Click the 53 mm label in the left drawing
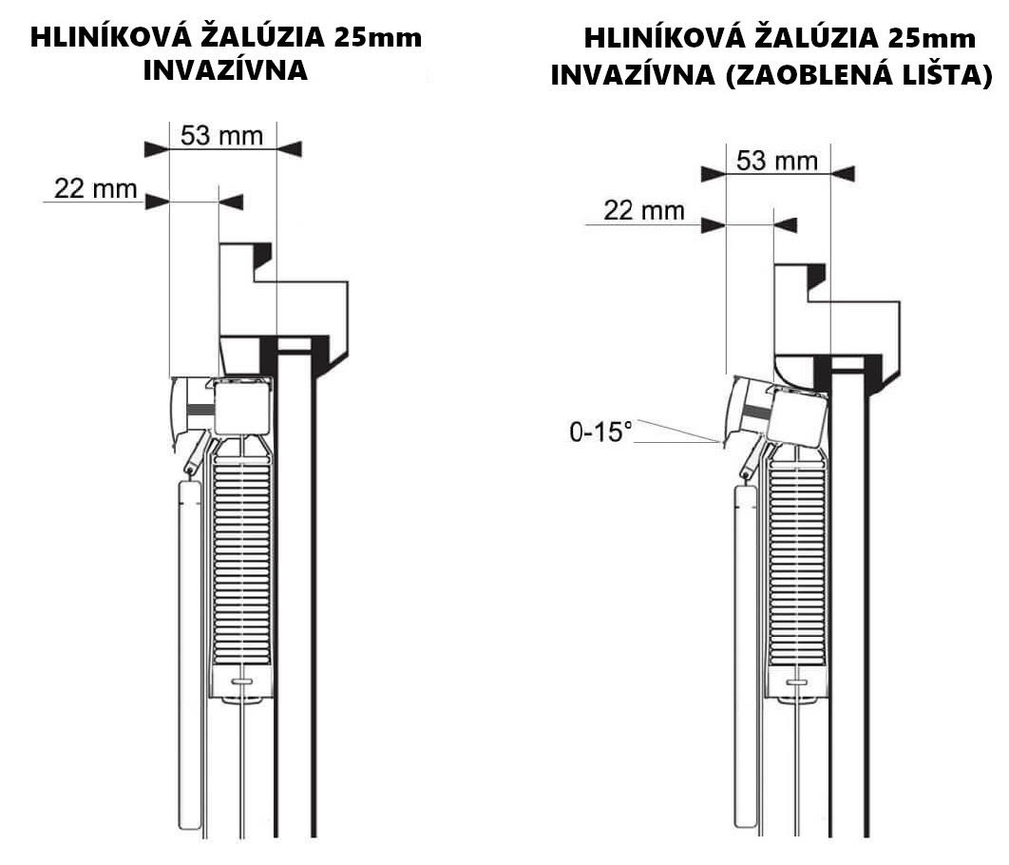(x=222, y=136)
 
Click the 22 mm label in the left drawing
(x=96, y=188)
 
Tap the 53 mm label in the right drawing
(x=777, y=161)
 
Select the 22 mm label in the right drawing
(x=644, y=210)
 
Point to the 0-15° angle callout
(x=600, y=432)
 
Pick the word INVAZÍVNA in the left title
(x=225, y=69)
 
